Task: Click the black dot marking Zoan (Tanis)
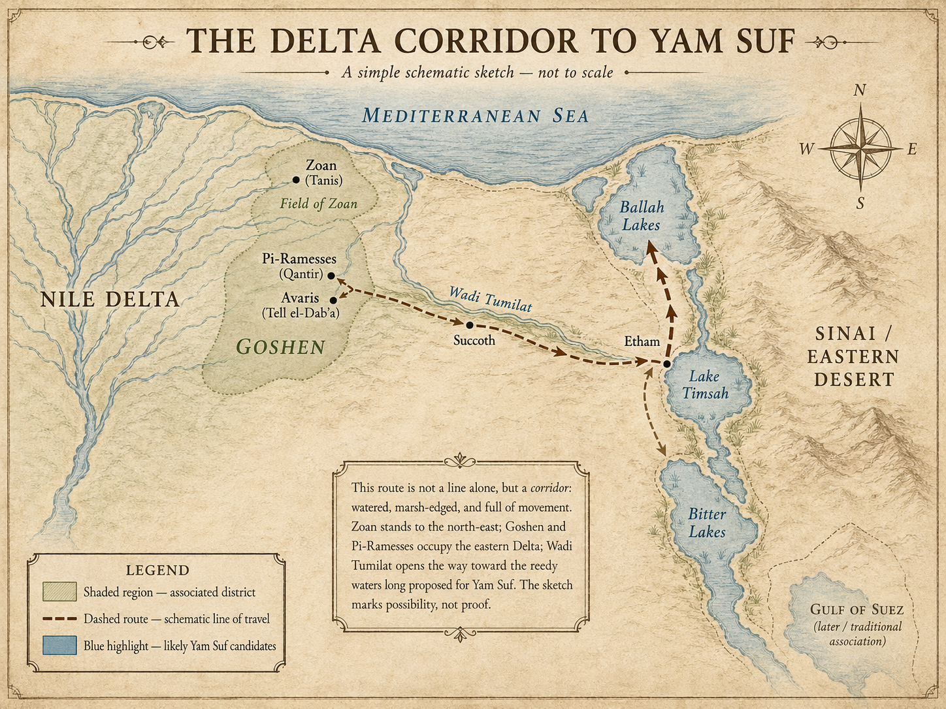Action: point(296,180)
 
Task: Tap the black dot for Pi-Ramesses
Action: point(331,276)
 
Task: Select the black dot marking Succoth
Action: point(469,324)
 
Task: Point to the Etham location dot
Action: point(666,364)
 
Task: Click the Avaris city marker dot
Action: point(333,300)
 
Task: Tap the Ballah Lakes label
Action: point(642,216)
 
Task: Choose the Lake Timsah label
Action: point(704,385)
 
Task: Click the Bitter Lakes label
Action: point(707,523)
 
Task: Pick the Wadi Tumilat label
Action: point(490,298)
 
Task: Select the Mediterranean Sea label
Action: point(476,116)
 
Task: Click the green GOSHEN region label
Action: point(281,347)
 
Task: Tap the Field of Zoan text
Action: point(319,204)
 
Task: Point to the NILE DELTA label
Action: point(110,300)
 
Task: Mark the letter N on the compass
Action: point(860,91)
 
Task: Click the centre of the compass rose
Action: point(861,149)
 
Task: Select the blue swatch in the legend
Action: point(59,646)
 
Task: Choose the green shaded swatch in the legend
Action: point(59,592)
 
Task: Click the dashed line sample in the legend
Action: point(59,619)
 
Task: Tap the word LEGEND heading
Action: point(157,570)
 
